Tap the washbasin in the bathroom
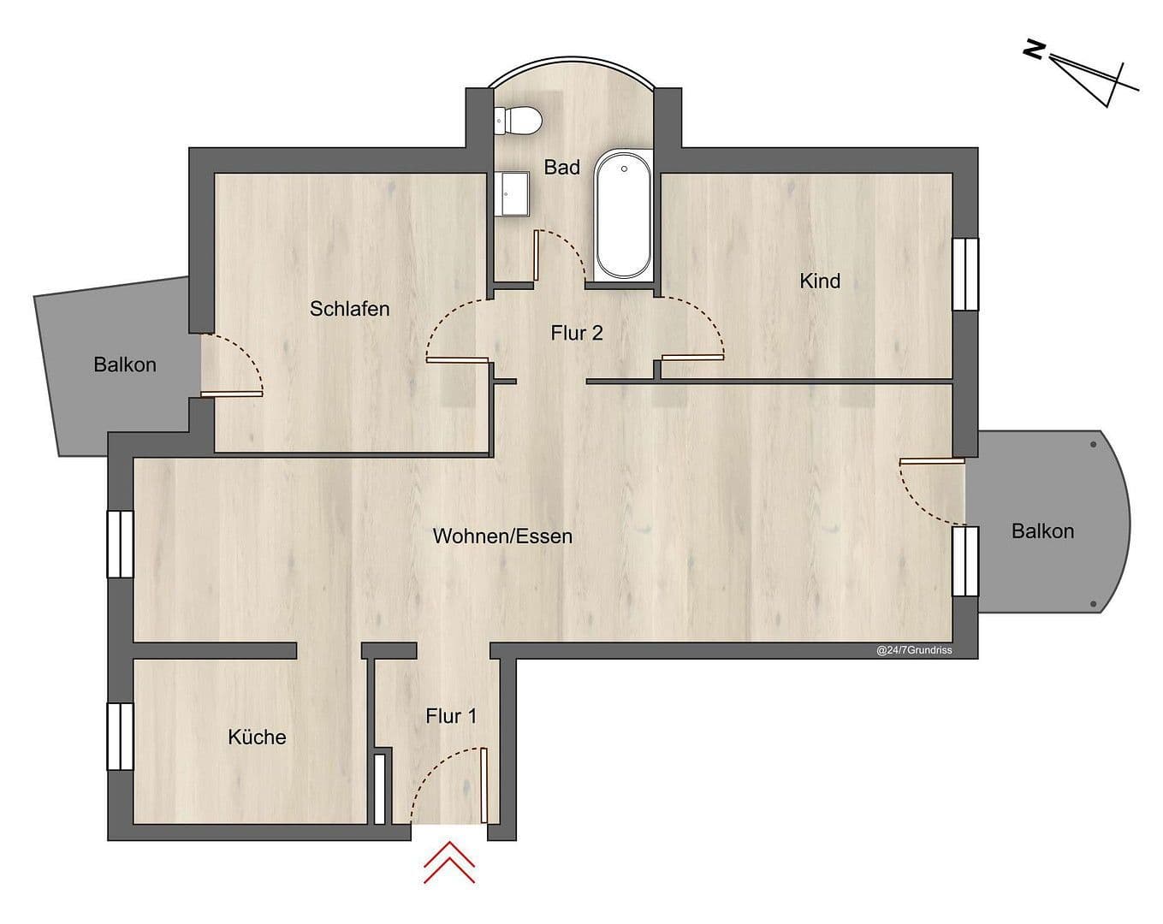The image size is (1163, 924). (x=512, y=194)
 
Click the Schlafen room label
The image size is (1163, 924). (x=349, y=309)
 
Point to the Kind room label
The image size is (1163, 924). (x=819, y=281)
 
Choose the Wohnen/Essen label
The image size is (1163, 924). (x=502, y=536)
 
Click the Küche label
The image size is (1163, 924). (x=257, y=737)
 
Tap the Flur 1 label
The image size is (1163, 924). (x=451, y=716)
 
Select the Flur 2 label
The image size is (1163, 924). (x=577, y=333)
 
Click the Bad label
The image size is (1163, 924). (x=562, y=167)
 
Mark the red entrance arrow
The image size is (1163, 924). (x=449, y=862)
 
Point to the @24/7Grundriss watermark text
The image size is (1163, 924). (x=913, y=650)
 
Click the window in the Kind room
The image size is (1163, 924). (x=965, y=274)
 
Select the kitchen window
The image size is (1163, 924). (x=120, y=737)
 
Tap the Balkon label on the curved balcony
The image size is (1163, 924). (x=1041, y=531)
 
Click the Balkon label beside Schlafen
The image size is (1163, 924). (x=125, y=364)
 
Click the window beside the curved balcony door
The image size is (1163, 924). (x=965, y=561)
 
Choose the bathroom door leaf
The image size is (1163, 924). (x=535, y=255)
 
